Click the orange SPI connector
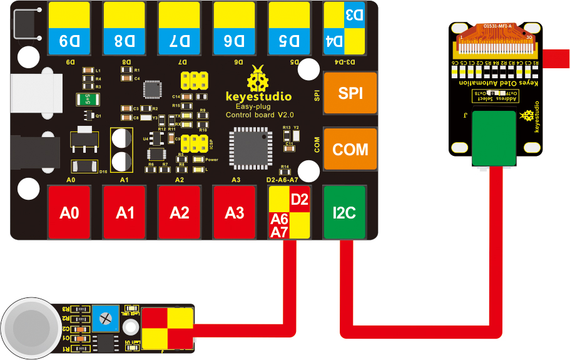[350, 93]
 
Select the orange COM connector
[350, 150]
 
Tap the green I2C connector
[343, 213]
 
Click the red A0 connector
[69, 213]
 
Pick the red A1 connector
[125, 213]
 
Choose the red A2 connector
[179, 213]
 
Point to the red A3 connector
[234, 213]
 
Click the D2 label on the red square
[300, 200]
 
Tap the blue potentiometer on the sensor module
[104, 319]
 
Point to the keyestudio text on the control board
[258, 97]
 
